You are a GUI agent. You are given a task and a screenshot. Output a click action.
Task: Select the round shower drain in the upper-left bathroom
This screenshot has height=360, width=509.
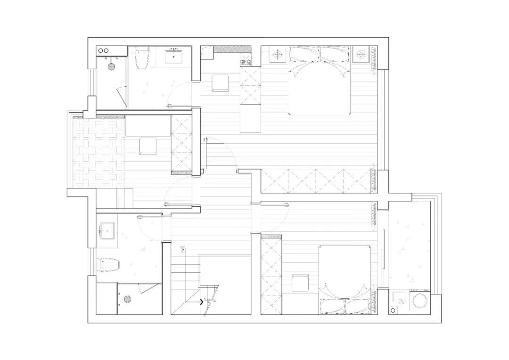tap(112, 66)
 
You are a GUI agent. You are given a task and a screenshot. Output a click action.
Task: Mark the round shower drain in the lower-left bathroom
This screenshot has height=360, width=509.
tap(127, 298)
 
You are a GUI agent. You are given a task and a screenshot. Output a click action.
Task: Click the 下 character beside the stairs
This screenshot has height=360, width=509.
tap(182, 249)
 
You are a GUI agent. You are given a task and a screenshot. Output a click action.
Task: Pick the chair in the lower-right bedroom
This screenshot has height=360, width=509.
tap(300, 283)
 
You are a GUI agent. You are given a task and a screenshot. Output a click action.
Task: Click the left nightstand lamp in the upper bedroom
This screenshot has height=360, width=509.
tap(276, 54)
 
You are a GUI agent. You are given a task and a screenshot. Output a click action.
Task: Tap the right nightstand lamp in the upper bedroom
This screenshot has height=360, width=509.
tap(361, 54)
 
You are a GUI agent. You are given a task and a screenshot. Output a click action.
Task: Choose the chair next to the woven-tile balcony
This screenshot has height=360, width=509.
tap(148, 146)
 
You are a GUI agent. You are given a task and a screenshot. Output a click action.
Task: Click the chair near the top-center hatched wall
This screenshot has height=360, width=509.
tap(220, 83)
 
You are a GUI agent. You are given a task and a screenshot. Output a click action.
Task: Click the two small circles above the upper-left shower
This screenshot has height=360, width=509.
tap(104, 50)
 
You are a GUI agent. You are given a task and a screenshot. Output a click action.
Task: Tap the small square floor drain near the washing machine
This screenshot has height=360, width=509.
tap(393, 311)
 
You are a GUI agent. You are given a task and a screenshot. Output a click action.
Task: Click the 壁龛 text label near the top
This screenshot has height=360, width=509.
tap(246, 62)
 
